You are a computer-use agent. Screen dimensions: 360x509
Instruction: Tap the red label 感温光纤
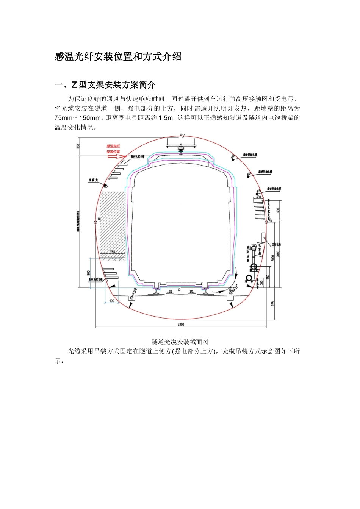click(113, 146)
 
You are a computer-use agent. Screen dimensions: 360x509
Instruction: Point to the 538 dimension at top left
click(78, 145)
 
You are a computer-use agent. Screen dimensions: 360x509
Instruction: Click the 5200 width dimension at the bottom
click(180, 325)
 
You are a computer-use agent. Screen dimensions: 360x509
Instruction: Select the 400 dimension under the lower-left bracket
click(111, 301)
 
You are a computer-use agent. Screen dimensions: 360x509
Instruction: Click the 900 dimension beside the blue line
click(88, 273)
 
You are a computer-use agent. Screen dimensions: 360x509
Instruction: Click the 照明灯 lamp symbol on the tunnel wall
click(106, 186)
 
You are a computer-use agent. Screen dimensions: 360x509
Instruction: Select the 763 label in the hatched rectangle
click(112, 252)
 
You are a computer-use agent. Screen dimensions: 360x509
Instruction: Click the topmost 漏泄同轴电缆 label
click(250, 155)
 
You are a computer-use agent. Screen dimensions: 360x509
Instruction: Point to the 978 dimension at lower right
click(273, 303)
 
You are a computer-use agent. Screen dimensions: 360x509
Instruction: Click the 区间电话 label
click(276, 245)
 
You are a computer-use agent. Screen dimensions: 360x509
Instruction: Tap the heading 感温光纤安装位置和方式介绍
click(118, 57)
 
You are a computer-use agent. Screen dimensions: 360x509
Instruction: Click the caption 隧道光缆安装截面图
click(180, 342)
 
